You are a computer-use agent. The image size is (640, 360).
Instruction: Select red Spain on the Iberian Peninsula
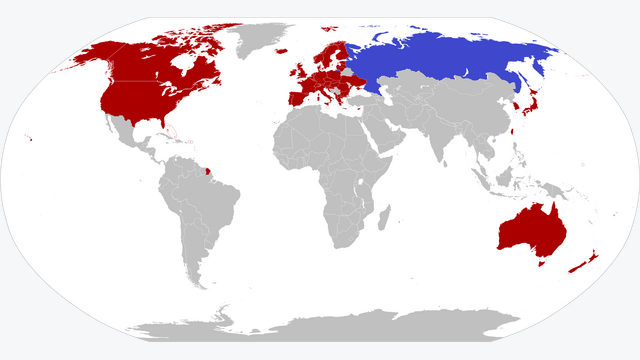pos(296,97)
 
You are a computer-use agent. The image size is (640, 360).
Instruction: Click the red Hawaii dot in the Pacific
pos(32,139)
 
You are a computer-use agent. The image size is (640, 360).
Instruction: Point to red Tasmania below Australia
pos(542,263)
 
